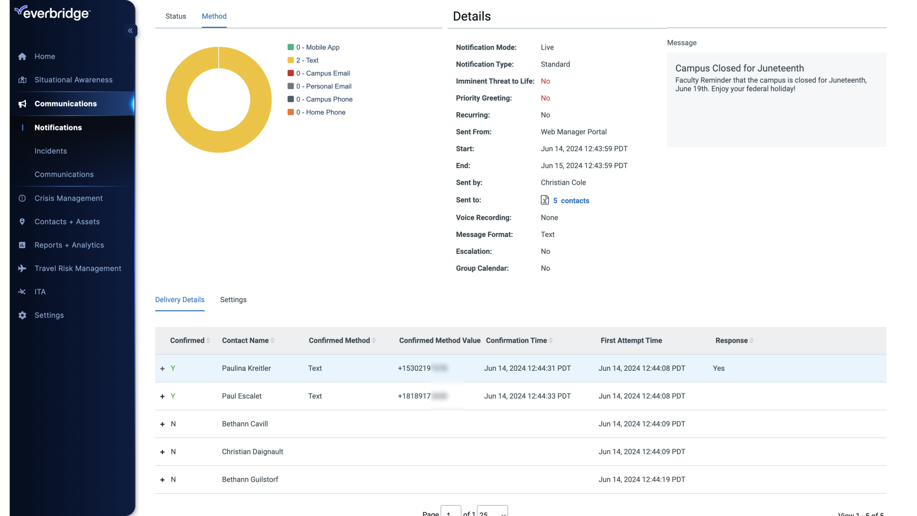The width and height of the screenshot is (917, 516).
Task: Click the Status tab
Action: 176,16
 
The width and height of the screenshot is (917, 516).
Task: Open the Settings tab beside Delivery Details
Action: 233,300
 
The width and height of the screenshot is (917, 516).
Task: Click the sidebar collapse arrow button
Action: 130,31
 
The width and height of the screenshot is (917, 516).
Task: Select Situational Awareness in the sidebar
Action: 73,80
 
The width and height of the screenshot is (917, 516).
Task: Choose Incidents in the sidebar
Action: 51,151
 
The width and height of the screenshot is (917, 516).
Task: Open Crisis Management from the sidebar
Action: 68,198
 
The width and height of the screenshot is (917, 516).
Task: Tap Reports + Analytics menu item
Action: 69,245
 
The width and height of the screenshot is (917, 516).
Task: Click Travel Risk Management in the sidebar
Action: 78,269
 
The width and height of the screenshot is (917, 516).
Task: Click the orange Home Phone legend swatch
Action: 290,112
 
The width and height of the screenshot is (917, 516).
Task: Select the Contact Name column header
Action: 245,341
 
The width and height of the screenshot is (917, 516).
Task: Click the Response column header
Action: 731,341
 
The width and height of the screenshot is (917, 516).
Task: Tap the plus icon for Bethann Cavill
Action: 162,424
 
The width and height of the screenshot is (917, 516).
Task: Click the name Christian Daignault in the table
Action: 252,451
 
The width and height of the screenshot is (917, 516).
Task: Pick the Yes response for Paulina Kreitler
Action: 718,368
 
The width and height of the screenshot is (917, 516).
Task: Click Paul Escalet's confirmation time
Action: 527,396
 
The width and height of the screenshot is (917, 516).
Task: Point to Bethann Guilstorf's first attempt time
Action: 641,479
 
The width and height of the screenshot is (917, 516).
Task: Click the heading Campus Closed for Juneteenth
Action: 739,68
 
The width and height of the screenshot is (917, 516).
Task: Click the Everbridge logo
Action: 53,13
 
